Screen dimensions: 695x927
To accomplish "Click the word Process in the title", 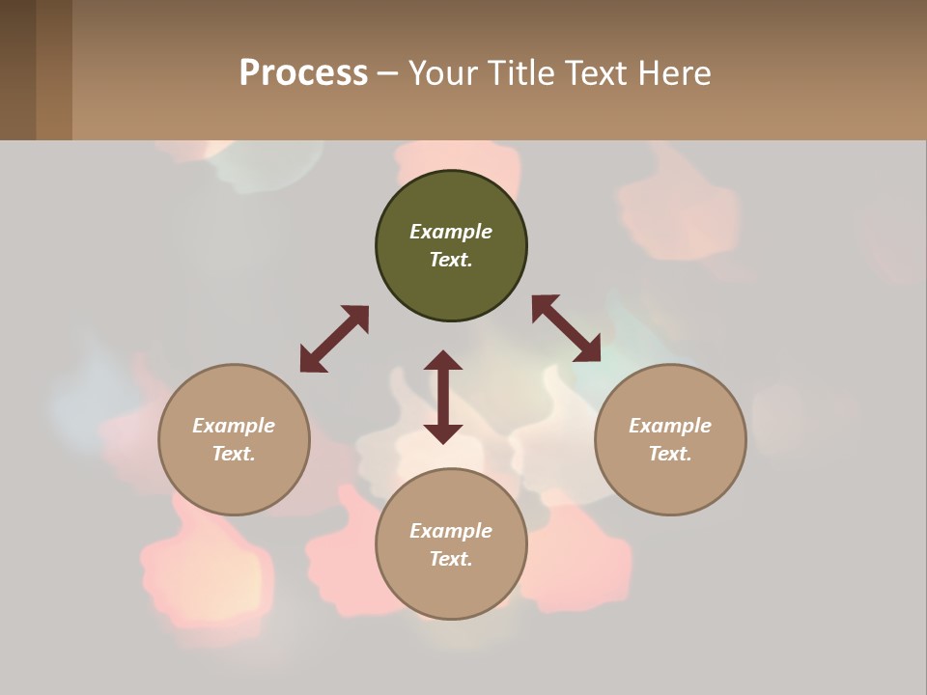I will [x=303, y=73].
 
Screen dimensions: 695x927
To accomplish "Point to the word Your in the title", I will [x=443, y=73].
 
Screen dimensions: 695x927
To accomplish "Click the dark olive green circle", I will [x=451, y=198].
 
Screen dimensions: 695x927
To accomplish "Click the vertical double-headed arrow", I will [x=443, y=397].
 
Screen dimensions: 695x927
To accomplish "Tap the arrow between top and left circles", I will [x=334, y=339].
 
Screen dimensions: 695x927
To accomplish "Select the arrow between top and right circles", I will [x=566, y=328].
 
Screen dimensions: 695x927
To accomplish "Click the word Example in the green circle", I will [x=451, y=232].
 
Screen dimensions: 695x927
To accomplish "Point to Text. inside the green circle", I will [x=451, y=260].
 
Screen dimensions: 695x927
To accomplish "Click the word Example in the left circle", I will [x=234, y=426].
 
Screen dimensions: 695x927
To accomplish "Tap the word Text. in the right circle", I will [x=670, y=454].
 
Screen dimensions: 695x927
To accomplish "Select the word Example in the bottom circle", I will [x=451, y=531].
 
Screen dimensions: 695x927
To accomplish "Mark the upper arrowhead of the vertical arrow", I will [x=443, y=362].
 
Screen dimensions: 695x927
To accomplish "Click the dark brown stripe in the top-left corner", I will [x=17, y=69].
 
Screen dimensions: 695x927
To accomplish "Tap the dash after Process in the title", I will [x=387, y=73].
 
